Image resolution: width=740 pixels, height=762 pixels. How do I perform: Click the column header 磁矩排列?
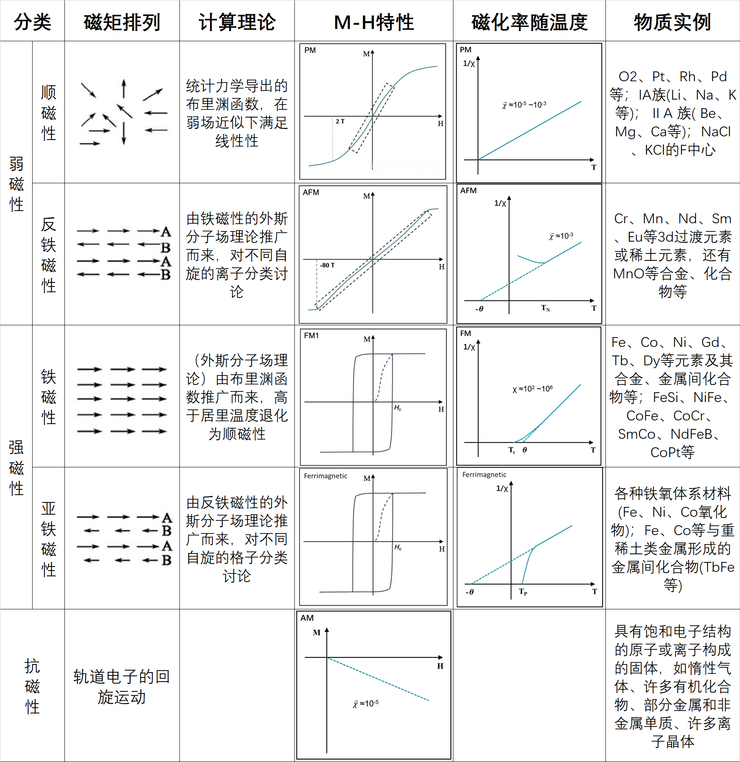point(122,22)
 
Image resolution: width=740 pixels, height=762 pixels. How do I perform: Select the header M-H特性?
point(373,22)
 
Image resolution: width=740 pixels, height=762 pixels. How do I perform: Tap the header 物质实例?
point(672,22)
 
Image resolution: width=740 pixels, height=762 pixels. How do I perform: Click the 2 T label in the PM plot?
point(340,121)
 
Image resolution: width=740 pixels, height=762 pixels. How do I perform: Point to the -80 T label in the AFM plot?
point(327,265)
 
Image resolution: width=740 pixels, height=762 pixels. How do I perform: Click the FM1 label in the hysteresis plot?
point(311,335)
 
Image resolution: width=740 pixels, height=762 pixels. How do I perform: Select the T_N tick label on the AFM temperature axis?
point(546,308)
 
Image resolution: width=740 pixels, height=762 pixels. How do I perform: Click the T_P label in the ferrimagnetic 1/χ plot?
point(523,592)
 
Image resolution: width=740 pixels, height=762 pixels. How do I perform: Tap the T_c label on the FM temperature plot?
point(512,450)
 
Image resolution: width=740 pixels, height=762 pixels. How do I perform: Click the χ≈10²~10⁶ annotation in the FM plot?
point(532,389)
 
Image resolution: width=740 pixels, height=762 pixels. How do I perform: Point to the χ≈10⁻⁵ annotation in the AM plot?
point(366,704)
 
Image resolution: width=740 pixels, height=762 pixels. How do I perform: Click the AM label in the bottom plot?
point(307,618)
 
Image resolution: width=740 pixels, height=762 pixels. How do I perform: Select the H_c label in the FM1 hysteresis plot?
point(398,408)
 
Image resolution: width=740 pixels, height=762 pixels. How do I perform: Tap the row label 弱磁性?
point(16,184)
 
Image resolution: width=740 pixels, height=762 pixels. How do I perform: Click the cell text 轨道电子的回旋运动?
point(121,686)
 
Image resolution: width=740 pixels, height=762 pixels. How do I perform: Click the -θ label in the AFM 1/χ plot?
point(479,309)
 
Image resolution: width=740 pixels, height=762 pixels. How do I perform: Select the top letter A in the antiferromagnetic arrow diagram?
point(166,232)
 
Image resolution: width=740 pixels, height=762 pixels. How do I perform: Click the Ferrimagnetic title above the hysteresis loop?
point(325,476)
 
